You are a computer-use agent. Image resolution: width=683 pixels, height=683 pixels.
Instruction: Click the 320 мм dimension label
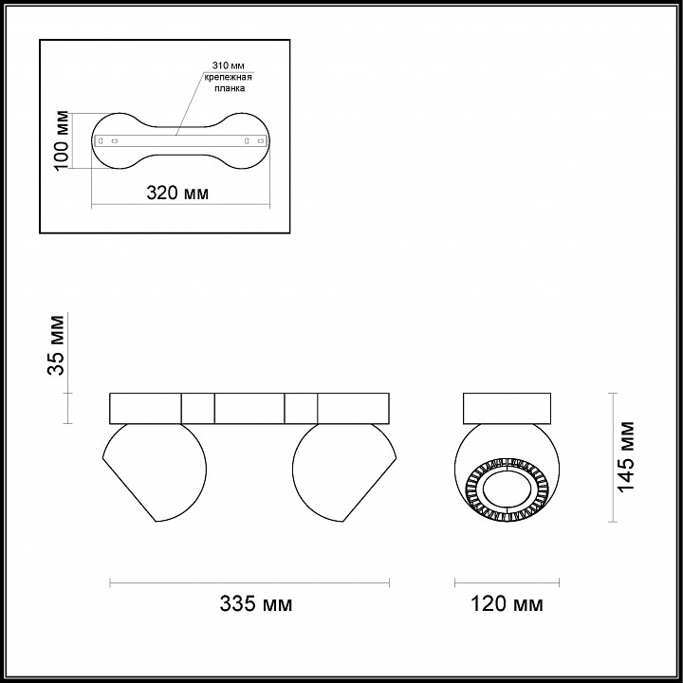(177, 193)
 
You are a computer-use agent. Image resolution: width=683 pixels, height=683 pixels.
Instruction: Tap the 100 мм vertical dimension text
(62, 140)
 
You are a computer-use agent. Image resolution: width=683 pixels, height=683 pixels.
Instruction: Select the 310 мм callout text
(228, 65)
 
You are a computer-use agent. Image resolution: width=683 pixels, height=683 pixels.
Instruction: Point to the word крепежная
(229, 77)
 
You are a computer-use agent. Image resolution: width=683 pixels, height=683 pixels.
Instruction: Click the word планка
(230, 88)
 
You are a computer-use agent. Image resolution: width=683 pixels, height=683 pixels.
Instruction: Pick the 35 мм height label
(57, 345)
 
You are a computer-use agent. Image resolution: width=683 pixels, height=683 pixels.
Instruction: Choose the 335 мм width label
(256, 603)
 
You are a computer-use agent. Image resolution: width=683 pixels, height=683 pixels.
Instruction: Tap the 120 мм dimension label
(507, 603)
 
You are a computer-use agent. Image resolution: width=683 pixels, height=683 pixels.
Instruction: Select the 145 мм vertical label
(627, 456)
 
